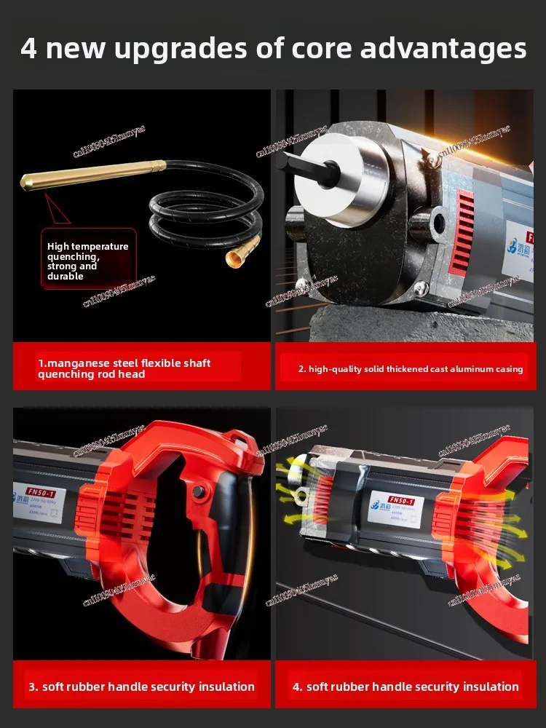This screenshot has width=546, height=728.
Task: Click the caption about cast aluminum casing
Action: pyautogui.click(x=410, y=369)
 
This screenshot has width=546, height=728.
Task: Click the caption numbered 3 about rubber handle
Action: pyautogui.click(x=141, y=687)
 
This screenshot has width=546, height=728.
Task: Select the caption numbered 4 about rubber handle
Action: pyautogui.click(x=405, y=687)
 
